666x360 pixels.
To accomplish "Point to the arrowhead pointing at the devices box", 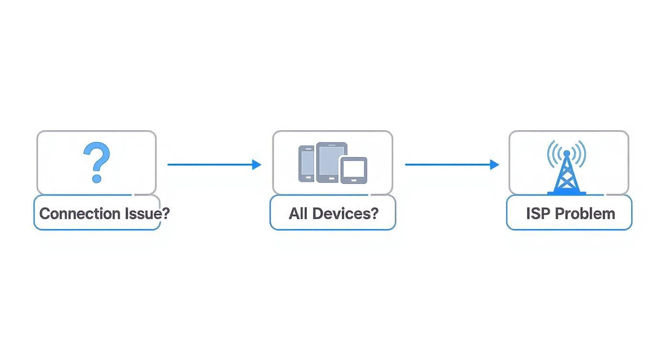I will (257, 165).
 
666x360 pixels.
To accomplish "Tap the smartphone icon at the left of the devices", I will (306, 164).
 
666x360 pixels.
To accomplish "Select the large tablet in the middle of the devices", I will (331, 160).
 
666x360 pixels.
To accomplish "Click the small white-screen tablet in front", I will (354, 170).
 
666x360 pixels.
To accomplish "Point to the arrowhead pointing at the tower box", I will (495, 165).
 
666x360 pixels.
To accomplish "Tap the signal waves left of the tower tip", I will (553, 153).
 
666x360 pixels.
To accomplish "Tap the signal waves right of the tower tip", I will (580, 153).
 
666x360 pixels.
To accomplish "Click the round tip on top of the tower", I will (566, 153).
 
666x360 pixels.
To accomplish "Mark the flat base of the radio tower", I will (566, 193).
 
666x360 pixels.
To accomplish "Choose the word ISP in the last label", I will (538, 214).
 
